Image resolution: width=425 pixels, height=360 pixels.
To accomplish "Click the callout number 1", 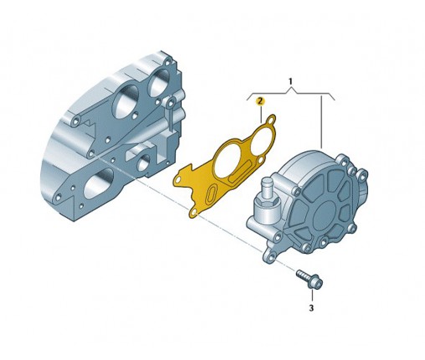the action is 290,81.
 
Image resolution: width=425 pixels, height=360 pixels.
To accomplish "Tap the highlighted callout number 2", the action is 260,101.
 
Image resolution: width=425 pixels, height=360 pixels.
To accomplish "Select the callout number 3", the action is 311,308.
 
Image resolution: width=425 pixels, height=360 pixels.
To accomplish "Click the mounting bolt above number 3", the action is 310,279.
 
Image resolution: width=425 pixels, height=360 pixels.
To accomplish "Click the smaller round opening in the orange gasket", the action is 259,143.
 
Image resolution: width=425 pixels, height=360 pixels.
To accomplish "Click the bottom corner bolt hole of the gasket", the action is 194,213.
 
